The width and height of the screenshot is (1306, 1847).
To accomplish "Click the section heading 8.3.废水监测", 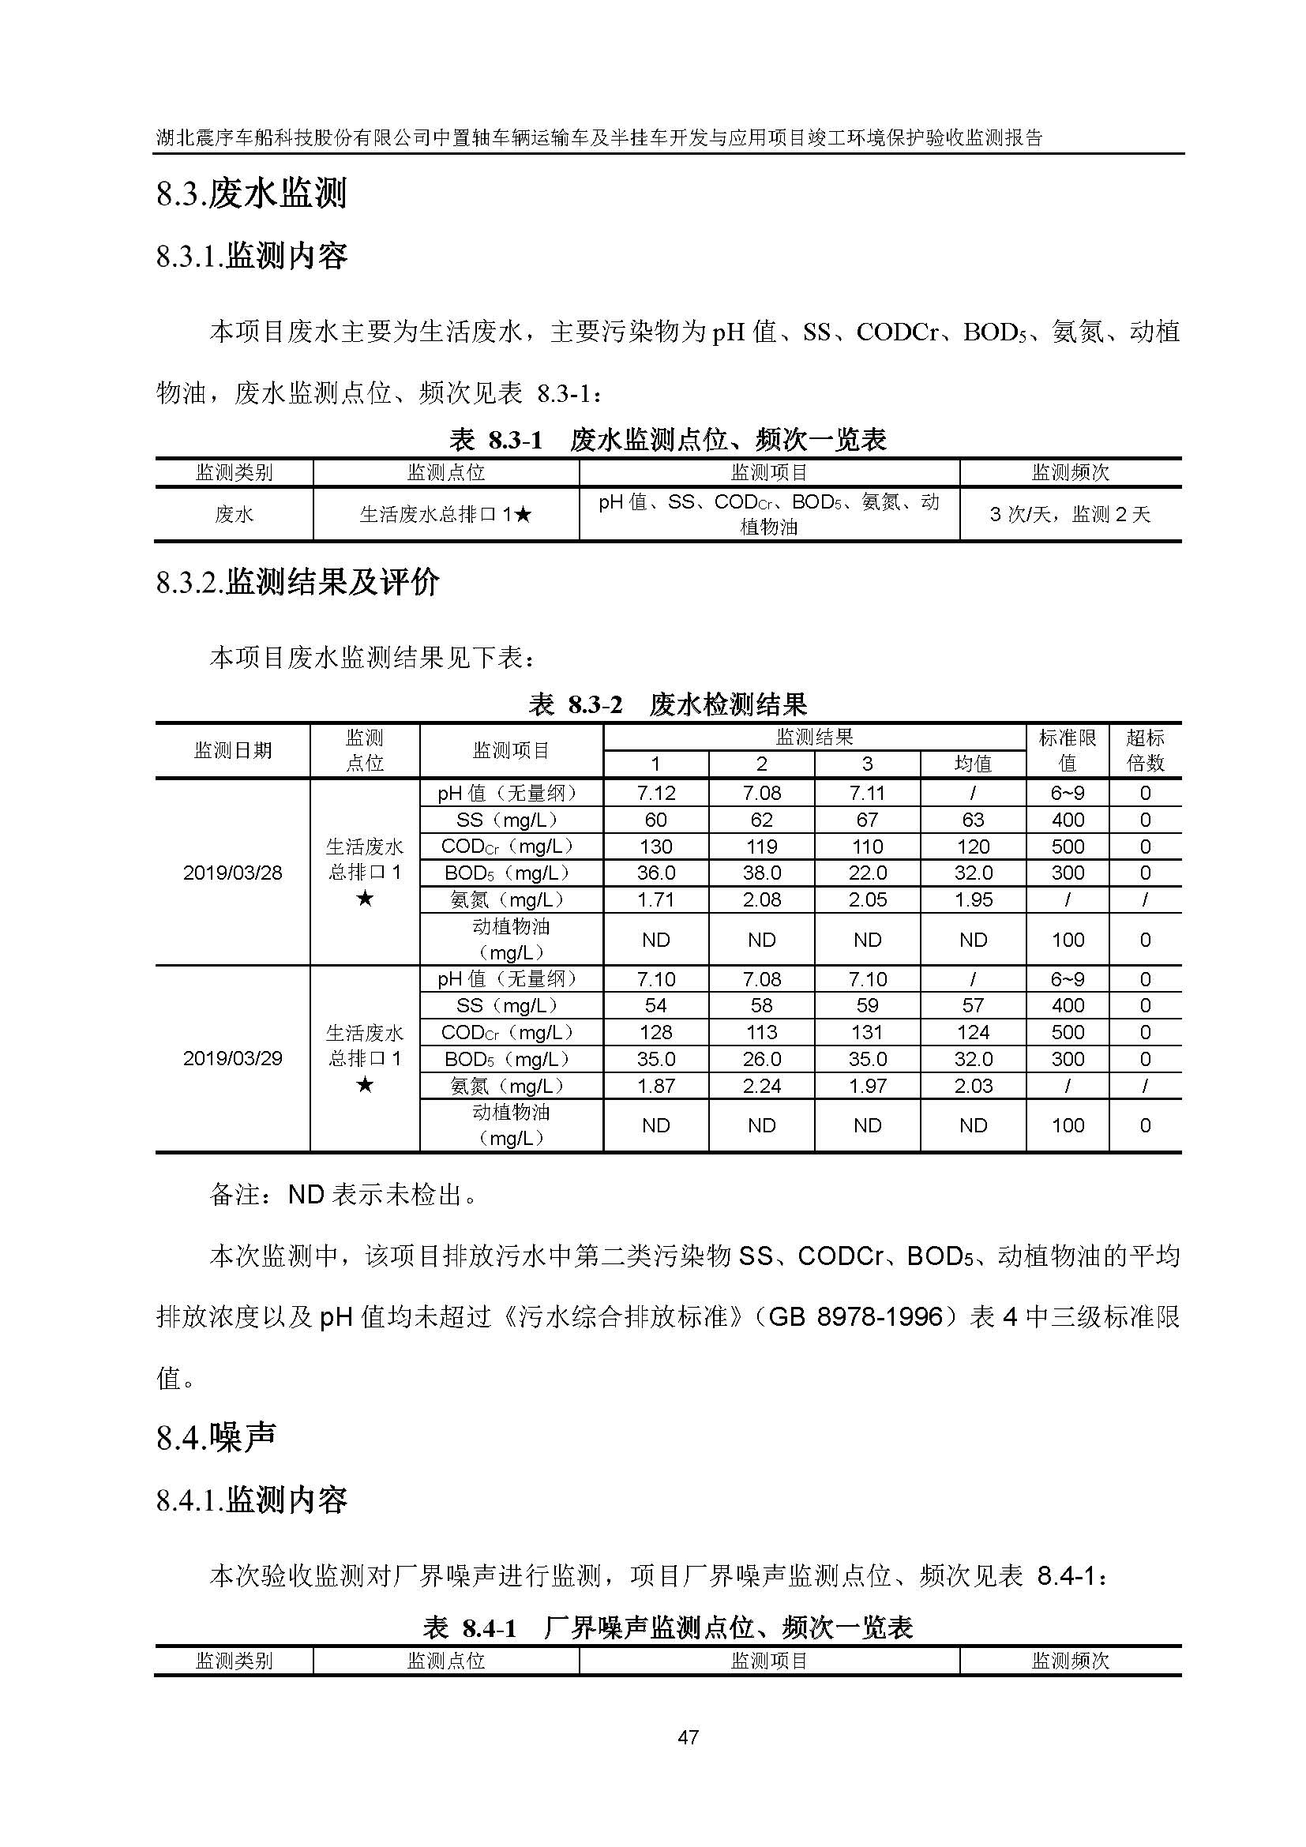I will [x=251, y=195].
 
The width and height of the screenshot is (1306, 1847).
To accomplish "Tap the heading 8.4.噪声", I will [x=216, y=1437].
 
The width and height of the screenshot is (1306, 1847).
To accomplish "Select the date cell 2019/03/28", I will [x=232, y=873].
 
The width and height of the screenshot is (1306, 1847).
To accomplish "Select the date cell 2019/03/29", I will [x=232, y=1059].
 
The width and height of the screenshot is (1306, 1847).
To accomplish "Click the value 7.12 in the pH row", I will [x=655, y=793].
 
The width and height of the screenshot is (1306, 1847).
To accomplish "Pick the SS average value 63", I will [x=972, y=820].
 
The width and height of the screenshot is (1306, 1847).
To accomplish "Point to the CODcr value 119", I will [x=760, y=847].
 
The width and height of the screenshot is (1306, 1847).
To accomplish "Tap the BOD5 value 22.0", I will [x=867, y=873].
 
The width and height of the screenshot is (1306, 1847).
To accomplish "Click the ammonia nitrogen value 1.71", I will [x=655, y=899].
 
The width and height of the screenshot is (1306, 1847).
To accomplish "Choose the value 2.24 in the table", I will [x=760, y=1086].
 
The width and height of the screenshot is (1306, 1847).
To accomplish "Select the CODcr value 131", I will [x=867, y=1032].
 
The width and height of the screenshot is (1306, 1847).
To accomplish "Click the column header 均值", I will [x=972, y=764].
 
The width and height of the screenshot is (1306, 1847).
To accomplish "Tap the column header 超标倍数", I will [x=1144, y=749].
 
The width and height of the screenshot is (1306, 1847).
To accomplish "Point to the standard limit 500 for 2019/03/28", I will [x=1068, y=847].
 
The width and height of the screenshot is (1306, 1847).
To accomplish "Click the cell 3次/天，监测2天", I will [x=1070, y=514].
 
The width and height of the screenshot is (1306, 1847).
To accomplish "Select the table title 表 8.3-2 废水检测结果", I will [x=667, y=704].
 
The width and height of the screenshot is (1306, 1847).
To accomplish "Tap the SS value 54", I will [x=655, y=1005].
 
